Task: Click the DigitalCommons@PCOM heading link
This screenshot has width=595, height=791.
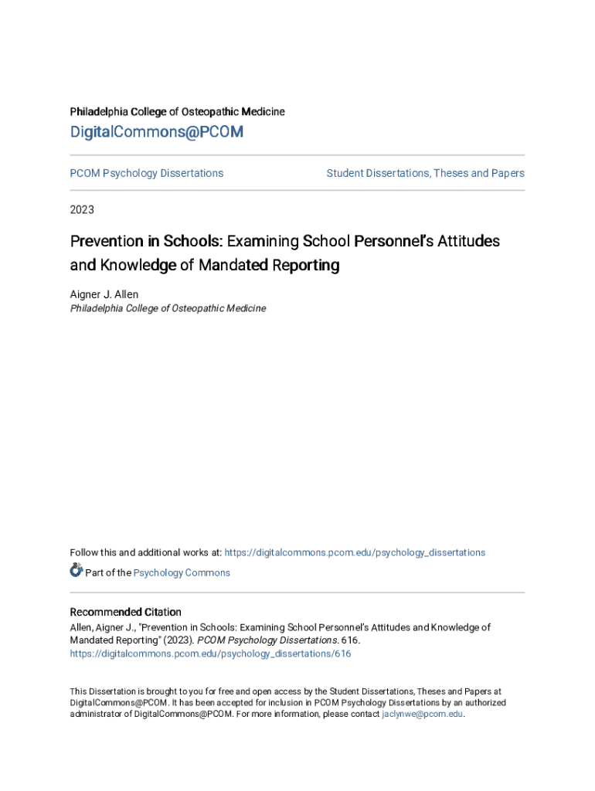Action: tap(157, 132)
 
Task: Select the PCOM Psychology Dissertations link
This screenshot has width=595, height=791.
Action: tap(147, 173)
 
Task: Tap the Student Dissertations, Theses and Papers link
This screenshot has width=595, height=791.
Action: tap(425, 173)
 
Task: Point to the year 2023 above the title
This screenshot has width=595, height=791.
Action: tap(83, 209)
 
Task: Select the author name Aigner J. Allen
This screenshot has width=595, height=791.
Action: tap(104, 294)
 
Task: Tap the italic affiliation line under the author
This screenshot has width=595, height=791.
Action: tap(168, 308)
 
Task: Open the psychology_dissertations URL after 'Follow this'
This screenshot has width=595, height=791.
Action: tap(355, 552)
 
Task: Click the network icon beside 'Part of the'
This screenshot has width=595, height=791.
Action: tap(76, 571)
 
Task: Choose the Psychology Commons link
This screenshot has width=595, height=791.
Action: tap(182, 572)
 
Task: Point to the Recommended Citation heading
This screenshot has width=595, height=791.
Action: tap(126, 612)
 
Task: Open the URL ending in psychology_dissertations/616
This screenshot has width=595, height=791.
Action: tap(210, 654)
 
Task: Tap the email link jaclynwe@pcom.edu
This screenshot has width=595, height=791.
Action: tap(422, 715)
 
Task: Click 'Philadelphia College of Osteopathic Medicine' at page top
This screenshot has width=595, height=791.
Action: tap(178, 112)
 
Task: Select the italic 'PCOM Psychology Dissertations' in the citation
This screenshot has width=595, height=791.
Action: tap(268, 640)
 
